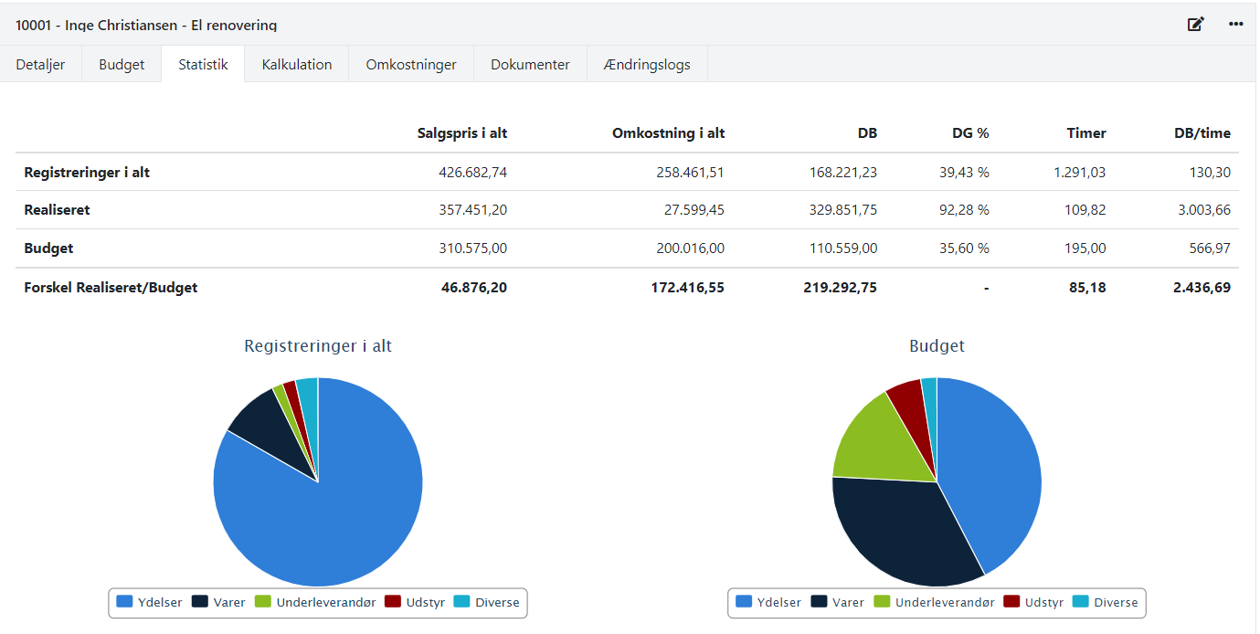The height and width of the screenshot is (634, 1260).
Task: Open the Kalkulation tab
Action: tap(296, 65)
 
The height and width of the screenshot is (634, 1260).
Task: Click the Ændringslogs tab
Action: tap(647, 65)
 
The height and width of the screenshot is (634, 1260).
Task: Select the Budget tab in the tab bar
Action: tap(122, 65)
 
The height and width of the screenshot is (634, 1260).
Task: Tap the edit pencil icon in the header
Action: tap(1195, 24)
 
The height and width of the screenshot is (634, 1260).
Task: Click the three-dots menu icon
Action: tap(1236, 24)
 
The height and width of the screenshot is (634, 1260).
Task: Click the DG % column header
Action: tap(969, 133)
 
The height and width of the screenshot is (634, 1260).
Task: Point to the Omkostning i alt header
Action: tap(668, 133)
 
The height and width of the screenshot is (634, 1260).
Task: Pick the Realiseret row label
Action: tap(57, 210)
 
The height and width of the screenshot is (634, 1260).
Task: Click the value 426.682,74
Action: tap(472, 172)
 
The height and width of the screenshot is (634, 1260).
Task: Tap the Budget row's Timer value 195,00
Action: tap(1086, 248)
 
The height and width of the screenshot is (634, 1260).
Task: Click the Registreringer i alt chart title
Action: tap(318, 346)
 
